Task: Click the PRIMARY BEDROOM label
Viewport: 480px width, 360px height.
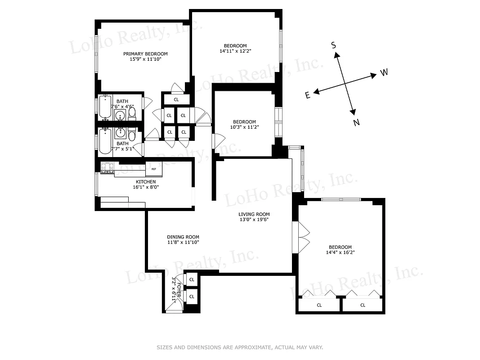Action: click(x=142, y=54)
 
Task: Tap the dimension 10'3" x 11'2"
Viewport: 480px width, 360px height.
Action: click(x=244, y=127)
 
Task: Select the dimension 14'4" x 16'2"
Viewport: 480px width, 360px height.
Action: click(x=340, y=253)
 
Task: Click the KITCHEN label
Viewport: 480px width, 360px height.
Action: click(x=134, y=182)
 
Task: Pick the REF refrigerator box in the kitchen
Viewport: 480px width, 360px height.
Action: click(x=154, y=169)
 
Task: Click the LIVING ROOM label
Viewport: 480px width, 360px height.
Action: click(x=254, y=214)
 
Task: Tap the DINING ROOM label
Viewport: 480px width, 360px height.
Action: click(x=183, y=237)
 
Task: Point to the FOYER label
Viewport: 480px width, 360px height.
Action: click(x=179, y=292)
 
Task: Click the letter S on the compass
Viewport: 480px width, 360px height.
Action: click(x=333, y=45)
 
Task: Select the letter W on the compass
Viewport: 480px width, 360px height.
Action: click(x=384, y=72)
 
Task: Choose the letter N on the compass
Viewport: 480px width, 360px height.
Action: click(x=356, y=123)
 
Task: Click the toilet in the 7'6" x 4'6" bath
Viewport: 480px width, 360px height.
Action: click(x=132, y=113)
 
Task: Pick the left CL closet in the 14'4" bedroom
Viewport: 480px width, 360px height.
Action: click(x=319, y=305)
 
